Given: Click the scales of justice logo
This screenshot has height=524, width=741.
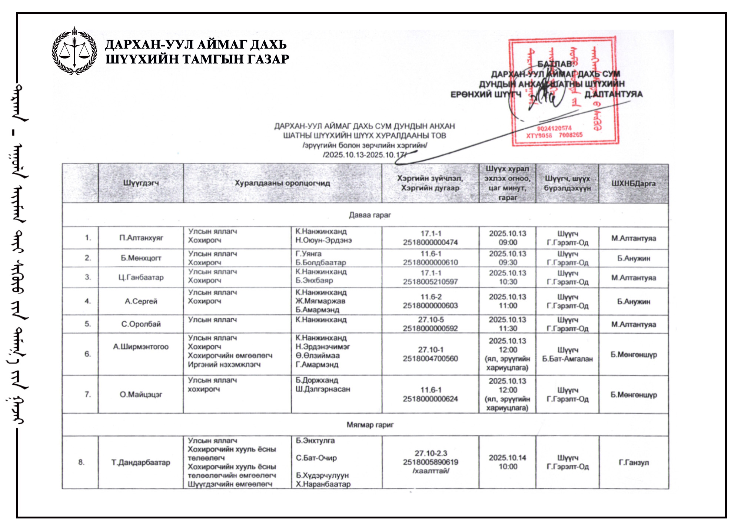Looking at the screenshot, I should [74, 52].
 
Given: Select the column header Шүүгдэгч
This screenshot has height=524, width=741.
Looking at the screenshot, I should [141, 183].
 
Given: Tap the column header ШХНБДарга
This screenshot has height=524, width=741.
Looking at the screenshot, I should [634, 183].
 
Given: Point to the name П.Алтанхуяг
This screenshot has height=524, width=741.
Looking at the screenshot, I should [141, 238].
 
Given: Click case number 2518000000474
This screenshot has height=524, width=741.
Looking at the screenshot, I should [430, 243].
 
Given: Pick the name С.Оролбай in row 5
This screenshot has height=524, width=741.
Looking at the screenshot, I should [141, 324].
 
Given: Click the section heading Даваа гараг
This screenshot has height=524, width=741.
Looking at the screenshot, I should [370, 215].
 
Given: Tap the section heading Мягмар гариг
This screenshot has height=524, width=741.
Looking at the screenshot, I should [370, 425].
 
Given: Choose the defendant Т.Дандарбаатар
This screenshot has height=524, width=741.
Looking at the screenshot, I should [141, 462].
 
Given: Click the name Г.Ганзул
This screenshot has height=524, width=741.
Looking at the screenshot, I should [634, 462].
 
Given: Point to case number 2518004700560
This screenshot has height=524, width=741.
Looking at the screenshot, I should [430, 359].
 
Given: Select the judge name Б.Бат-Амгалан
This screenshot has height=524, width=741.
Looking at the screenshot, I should [567, 359].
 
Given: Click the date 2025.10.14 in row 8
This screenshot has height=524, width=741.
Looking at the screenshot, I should [507, 458].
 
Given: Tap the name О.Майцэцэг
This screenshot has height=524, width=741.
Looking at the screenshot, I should [141, 395].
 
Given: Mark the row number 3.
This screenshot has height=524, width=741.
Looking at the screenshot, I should [87, 277].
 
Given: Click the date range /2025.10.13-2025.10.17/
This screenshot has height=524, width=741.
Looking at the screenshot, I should [365, 155].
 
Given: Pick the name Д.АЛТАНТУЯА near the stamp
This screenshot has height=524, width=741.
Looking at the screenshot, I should [614, 94].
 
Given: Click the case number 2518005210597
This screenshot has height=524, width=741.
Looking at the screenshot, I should [430, 282].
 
